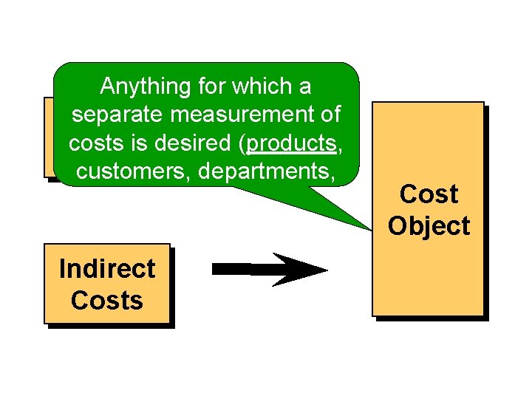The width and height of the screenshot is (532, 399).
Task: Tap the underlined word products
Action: tap(292, 143)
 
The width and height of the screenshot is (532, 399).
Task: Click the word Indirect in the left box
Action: tap(107, 269)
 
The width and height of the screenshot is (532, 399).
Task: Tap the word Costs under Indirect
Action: tap(107, 301)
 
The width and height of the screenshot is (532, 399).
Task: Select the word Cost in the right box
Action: tap(429, 194)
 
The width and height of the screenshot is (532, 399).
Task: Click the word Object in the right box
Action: tap(429, 226)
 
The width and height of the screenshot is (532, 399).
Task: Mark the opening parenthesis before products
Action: tap(244, 143)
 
